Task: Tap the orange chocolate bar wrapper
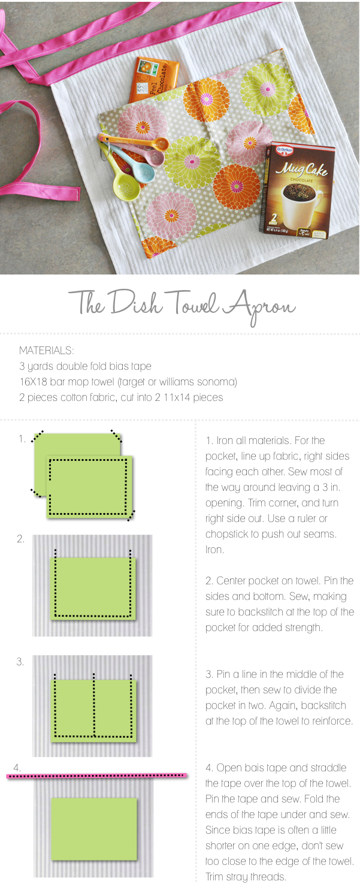coord(153,80)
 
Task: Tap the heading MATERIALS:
coord(47,351)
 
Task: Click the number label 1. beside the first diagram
coord(22,439)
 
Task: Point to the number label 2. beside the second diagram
coord(20,539)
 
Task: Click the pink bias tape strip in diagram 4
coord(97,775)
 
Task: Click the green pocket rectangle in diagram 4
coord(94,829)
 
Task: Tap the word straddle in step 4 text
coord(329,768)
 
